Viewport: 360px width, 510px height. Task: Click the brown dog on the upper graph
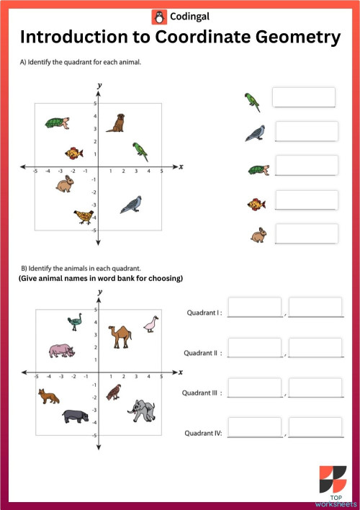[116, 123]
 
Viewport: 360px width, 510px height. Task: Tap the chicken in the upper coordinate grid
[84, 216]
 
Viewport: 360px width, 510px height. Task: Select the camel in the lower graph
[120, 335]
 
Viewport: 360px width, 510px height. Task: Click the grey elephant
[141, 411]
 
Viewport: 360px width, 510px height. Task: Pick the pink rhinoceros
[61, 351]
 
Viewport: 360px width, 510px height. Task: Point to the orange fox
[49, 396]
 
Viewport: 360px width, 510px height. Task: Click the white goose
[150, 325]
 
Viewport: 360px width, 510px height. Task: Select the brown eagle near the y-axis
[113, 392]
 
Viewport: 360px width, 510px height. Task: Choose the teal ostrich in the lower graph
[74, 321]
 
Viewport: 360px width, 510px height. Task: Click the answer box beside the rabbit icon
[306, 233]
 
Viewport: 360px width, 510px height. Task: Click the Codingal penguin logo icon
[158, 15]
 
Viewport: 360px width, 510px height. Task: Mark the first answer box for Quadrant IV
[254, 428]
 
